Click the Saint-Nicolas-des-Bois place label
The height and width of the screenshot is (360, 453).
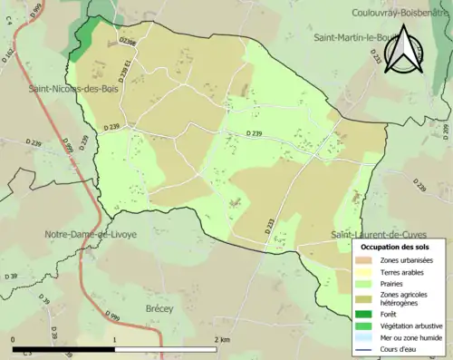pos(75,90)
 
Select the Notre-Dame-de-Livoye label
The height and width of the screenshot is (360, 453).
pos(91,234)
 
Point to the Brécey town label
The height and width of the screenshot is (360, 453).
pos(159,309)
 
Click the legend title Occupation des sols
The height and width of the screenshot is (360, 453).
pos(395,247)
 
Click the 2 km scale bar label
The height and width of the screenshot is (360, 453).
pos(222,339)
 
